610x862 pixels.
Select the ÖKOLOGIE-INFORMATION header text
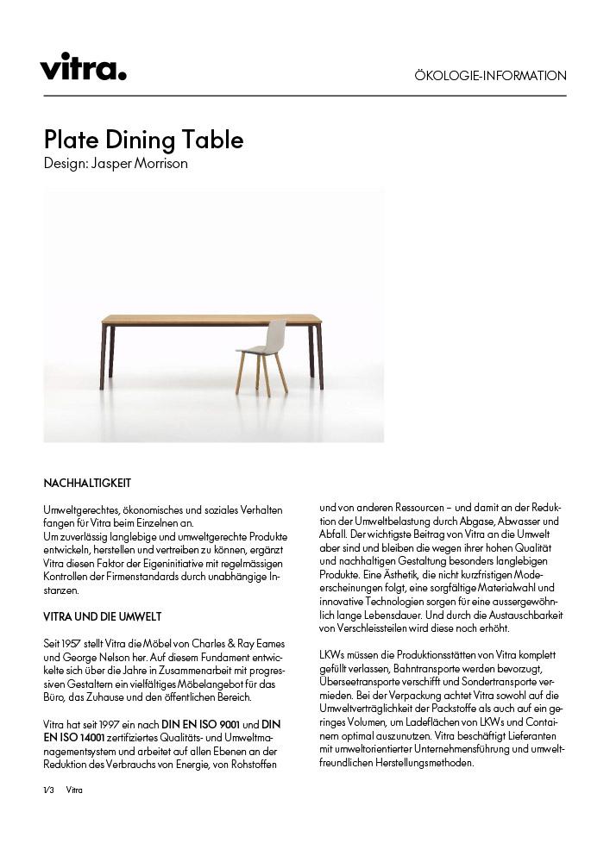pyautogui.click(x=490, y=76)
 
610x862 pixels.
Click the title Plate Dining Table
pyautogui.click(x=143, y=140)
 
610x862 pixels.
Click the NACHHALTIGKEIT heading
pyautogui.click(x=87, y=483)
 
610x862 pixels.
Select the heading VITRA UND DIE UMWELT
pyautogui.click(x=102, y=617)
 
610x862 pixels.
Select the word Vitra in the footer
pyautogui.click(x=74, y=790)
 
